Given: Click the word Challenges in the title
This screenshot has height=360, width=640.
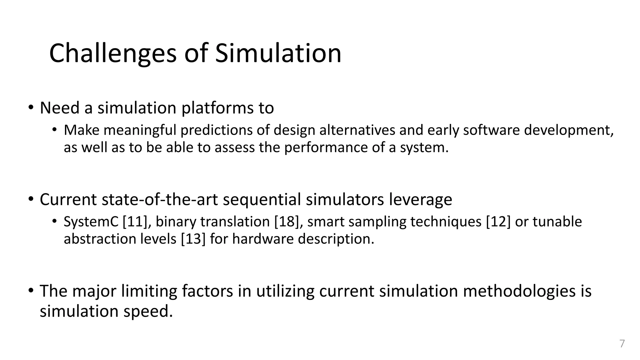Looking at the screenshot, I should [x=113, y=53].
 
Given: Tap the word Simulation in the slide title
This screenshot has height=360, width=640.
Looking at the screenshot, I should [x=278, y=53].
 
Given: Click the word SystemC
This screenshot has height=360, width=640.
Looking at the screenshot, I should [x=91, y=222].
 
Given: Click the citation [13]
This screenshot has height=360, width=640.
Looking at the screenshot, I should [x=193, y=239].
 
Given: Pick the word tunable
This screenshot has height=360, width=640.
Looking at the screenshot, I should [x=557, y=222].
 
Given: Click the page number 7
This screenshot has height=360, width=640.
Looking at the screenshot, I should [x=622, y=344].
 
